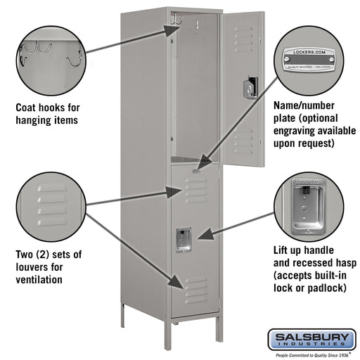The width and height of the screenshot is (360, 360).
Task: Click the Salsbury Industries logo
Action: pos(310,340)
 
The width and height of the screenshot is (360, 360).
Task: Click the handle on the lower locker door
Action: pos(184,239)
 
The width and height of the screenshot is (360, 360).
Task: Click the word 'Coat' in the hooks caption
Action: pos(28,108)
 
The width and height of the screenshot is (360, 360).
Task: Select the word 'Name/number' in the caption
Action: pos(303,106)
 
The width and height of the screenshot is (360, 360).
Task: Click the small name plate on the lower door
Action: pos(197,169)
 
